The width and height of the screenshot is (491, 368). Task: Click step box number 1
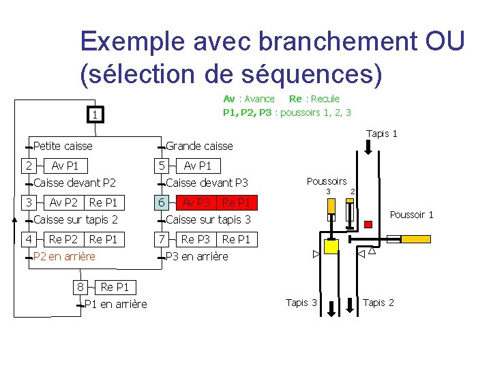pos(95,115)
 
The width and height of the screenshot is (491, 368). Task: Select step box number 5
pos(161,166)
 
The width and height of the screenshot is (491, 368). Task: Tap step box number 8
pos(80,287)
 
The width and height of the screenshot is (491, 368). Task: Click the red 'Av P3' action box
pos(196,202)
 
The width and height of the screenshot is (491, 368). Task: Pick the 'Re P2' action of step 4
pos(63,239)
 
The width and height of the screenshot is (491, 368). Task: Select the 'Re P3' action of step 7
pos(196,239)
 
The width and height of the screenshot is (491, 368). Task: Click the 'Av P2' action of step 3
pos(63,202)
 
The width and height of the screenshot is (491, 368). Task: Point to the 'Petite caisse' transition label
pos(63,146)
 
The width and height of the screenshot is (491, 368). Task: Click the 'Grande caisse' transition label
pos(199,146)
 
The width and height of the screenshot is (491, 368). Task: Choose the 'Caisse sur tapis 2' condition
pos(75,219)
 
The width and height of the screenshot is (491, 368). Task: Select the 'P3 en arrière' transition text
pos(197,256)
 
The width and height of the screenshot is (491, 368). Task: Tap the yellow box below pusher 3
pos(331,247)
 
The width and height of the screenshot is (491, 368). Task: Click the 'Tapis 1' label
pos(382,134)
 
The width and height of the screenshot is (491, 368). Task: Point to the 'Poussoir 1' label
pos(411,215)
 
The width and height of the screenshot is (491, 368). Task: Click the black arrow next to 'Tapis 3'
pos(331,307)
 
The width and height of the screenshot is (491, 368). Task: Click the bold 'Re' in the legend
pos(295,99)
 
